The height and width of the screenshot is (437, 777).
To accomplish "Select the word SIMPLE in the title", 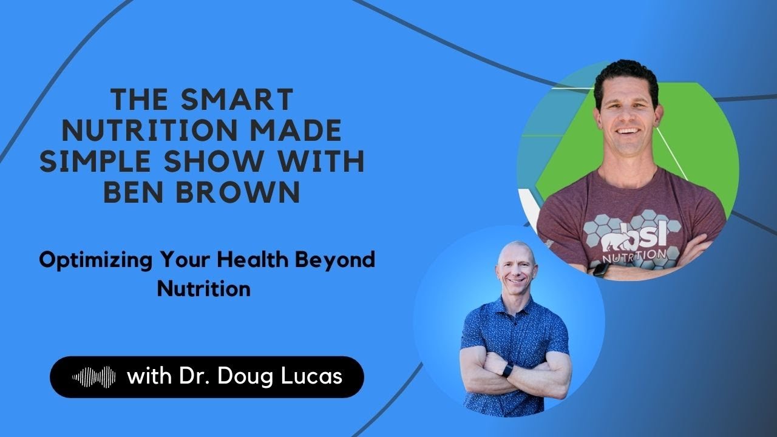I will click(x=103, y=161).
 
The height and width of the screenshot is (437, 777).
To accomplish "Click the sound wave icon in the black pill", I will click(x=94, y=377).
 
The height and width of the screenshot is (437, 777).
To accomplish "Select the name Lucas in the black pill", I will click(x=313, y=377).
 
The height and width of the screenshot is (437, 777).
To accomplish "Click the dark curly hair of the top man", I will click(x=625, y=76).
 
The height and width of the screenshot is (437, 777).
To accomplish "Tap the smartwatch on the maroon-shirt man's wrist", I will click(x=602, y=268).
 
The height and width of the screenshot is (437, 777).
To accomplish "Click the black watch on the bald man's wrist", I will click(x=507, y=369).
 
